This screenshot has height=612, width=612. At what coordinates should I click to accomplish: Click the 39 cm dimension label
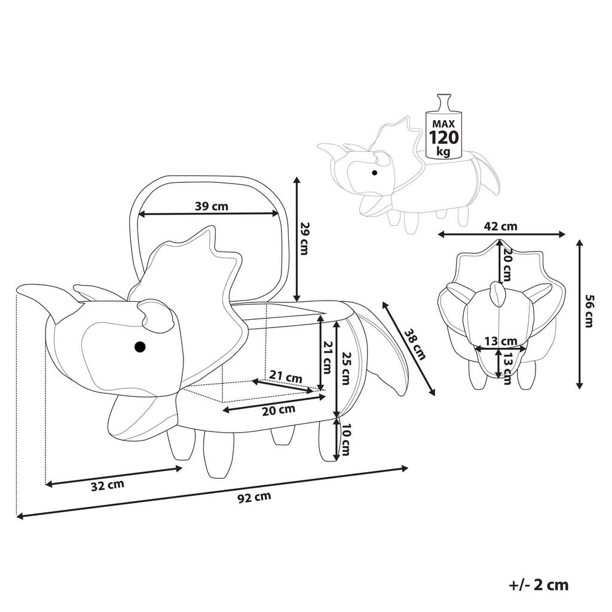point(211,206)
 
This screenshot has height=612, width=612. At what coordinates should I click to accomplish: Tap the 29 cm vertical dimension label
point(304,238)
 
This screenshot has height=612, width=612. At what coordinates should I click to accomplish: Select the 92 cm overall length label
point(253,497)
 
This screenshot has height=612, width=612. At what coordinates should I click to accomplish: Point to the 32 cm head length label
point(108,485)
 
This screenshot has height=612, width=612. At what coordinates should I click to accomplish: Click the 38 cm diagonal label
point(415,344)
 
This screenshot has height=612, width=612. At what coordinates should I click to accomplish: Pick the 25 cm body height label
point(344,368)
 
